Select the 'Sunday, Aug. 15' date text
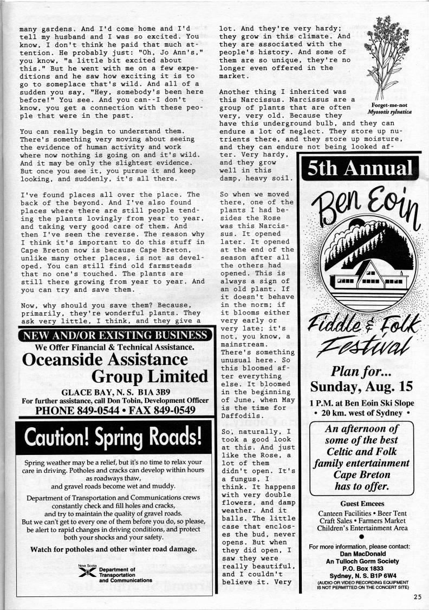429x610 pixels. pyautogui.click(x=361, y=387)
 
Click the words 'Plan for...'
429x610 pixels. pyautogui.click(x=361, y=370)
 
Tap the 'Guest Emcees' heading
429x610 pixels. pyautogui.click(x=362, y=504)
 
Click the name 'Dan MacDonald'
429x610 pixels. pyautogui.click(x=362, y=554)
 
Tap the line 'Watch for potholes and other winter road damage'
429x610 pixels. pyautogui.click(x=113, y=549)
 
